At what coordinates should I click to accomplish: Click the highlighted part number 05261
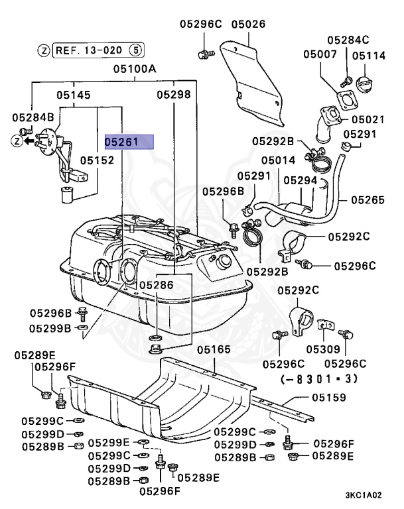click(x=129, y=141)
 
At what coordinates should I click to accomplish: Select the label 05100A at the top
click(x=134, y=69)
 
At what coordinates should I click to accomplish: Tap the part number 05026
click(x=248, y=25)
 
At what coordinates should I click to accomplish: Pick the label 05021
click(x=368, y=119)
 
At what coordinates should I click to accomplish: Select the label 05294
click(x=301, y=180)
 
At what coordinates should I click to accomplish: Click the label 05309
click(x=322, y=349)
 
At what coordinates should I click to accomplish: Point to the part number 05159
click(x=329, y=398)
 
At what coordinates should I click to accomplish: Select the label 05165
click(x=213, y=348)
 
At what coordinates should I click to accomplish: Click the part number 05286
click(x=156, y=284)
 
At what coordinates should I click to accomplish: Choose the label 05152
click(x=98, y=160)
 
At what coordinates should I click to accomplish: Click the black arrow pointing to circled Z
click(x=30, y=141)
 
